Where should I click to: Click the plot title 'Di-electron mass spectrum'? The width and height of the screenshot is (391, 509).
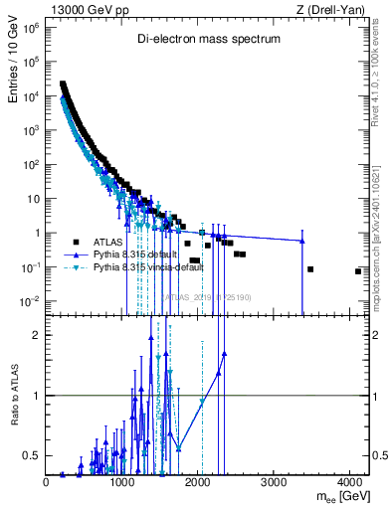(208, 40)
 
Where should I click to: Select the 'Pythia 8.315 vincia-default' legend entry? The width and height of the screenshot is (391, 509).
(145, 268)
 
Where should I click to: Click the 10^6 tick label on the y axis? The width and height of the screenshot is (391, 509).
(32, 28)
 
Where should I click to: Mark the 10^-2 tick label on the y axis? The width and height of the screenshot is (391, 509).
(31, 301)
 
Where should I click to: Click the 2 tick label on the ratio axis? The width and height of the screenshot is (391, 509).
(36, 335)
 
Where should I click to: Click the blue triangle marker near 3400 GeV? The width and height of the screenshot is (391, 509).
(302, 241)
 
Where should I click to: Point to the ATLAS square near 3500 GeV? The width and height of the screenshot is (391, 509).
(310, 269)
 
